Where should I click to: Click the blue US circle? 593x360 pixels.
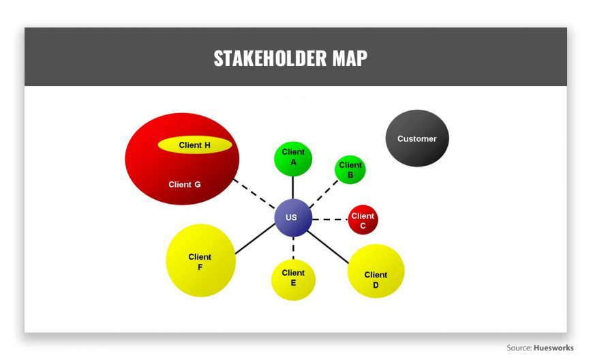(x=293, y=217)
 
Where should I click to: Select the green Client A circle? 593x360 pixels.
(x=293, y=159)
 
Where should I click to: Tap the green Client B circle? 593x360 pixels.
(x=350, y=170)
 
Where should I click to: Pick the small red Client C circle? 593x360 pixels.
(x=363, y=220)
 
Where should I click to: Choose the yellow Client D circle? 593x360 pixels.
(x=376, y=271)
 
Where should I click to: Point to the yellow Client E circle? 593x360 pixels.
(x=293, y=280)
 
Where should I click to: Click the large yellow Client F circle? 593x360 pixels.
(x=201, y=260)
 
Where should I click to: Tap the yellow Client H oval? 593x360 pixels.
(x=195, y=145)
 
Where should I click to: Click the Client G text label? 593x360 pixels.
(x=185, y=185)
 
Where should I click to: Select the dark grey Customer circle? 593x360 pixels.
(x=417, y=138)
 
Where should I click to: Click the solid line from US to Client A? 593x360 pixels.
(x=292, y=187)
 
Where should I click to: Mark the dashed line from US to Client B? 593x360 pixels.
(x=324, y=194)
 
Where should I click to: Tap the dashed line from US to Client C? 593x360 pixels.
(x=330, y=220)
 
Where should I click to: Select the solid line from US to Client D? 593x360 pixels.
(x=328, y=247)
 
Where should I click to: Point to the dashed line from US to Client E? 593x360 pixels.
(x=293, y=248)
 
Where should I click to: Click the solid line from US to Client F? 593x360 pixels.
(x=256, y=239)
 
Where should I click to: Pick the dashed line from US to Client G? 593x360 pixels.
(x=254, y=194)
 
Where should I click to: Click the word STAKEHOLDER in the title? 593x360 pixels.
(x=270, y=58)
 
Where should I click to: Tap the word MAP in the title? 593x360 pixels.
(x=350, y=58)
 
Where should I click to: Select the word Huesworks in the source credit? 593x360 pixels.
(x=553, y=348)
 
